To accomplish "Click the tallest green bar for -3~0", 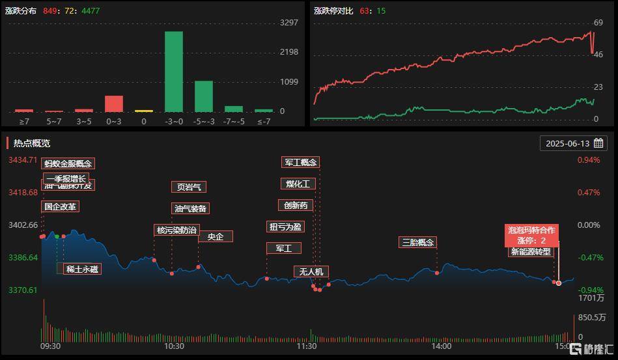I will pyautogui.click(x=173, y=72).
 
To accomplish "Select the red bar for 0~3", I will pyautogui.click(x=114, y=104).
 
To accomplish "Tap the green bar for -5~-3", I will pyautogui.click(x=204, y=96).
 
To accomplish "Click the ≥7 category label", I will pyautogui.click(x=24, y=121).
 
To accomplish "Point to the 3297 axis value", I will pyautogui.click(x=288, y=22).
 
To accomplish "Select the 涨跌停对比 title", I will pyautogui.click(x=333, y=11).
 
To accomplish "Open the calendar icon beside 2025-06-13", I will pyautogui.click(x=598, y=143).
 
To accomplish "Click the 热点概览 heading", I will pyautogui.click(x=32, y=143).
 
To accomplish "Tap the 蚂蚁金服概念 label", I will pyautogui.click(x=68, y=163).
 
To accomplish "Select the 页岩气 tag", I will pyautogui.click(x=188, y=187).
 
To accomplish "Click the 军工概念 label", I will pyautogui.click(x=301, y=162).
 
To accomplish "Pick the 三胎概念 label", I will pyautogui.click(x=417, y=243).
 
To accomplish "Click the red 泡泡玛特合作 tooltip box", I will pyautogui.click(x=532, y=235).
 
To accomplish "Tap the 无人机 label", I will pyautogui.click(x=311, y=271).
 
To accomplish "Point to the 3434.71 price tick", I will pyautogui.click(x=23, y=160).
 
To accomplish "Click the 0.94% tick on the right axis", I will pyautogui.click(x=589, y=160).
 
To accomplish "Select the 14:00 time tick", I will pyautogui.click(x=442, y=346).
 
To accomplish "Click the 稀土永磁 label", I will pyautogui.click(x=83, y=269).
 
